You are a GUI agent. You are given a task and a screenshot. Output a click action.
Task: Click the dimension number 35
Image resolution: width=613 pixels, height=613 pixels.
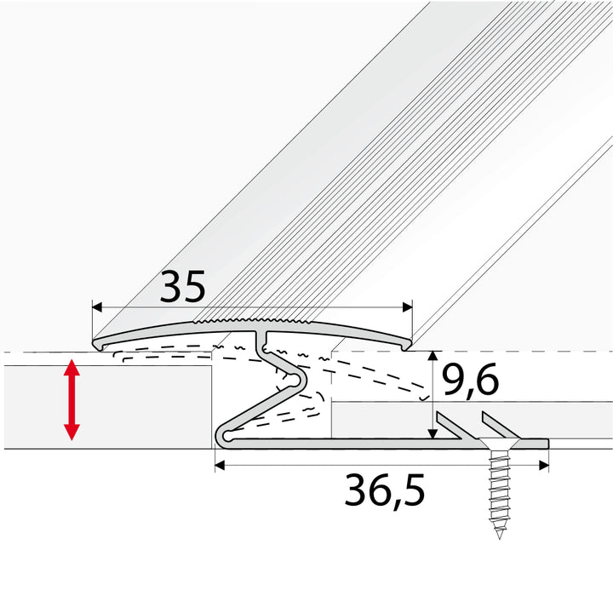182,287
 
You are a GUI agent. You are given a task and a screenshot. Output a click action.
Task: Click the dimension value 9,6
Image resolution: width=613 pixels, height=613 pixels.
470,380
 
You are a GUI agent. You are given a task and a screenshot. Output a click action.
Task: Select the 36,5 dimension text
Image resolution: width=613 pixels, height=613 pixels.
385,491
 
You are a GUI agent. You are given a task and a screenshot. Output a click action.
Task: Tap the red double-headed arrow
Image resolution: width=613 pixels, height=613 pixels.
72,399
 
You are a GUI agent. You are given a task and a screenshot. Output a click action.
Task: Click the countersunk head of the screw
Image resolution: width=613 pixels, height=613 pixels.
499,444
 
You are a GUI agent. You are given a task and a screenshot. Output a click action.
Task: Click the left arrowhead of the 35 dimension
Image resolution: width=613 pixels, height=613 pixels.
97,307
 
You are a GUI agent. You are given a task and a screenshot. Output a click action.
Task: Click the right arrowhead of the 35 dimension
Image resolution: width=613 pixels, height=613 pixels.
407,307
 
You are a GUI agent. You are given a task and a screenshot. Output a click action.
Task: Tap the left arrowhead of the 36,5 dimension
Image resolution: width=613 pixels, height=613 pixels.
221,465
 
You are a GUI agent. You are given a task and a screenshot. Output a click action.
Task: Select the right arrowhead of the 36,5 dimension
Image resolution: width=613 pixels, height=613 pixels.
544,465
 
